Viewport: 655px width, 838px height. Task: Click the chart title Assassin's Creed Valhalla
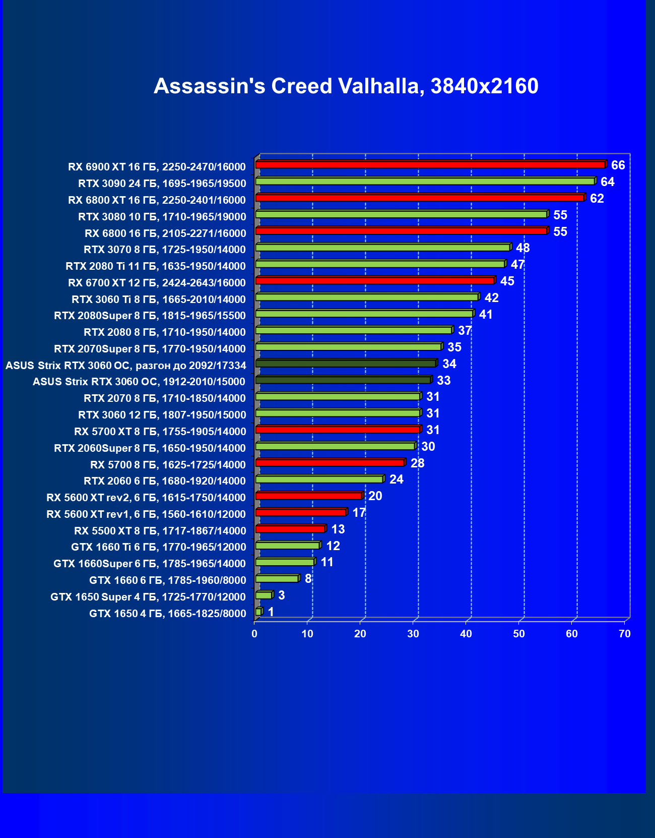[x=346, y=86]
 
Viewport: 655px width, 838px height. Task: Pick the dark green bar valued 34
[x=346, y=364]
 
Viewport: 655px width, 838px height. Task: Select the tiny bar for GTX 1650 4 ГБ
[x=258, y=612]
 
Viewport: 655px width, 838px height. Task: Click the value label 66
[x=618, y=165]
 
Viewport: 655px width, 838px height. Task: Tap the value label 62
[x=597, y=199]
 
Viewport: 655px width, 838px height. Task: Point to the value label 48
[x=522, y=248]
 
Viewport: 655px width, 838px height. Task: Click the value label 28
[x=417, y=463]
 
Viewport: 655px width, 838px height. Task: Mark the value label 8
[x=308, y=579]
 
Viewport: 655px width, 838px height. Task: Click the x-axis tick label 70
[x=624, y=634]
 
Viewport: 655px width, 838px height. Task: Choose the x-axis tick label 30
[x=413, y=634]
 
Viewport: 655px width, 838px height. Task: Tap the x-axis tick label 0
[x=254, y=634]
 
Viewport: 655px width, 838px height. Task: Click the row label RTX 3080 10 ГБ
[x=162, y=217]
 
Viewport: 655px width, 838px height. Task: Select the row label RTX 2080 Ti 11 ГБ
[x=155, y=266]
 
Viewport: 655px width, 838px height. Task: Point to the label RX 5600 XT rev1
[x=146, y=514]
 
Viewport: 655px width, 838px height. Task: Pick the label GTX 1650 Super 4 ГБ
[x=148, y=597]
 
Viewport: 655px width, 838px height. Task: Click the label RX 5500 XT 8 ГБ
[x=160, y=531]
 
